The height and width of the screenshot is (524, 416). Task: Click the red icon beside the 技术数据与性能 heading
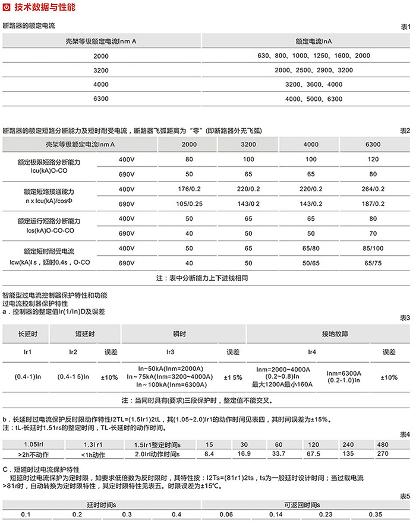point(7,7)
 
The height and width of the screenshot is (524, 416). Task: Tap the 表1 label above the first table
point(405,27)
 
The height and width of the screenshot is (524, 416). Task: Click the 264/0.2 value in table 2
point(373,189)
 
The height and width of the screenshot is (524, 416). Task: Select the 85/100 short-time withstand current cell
point(373,247)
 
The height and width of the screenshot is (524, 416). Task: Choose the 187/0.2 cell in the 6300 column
point(373,204)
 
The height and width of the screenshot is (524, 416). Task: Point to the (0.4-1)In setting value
point(27,377)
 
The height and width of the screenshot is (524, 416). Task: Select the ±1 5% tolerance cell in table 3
point(232,377)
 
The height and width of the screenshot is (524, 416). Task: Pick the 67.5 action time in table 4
point(313,454)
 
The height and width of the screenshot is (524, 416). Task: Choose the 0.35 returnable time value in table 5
point(376,514)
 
